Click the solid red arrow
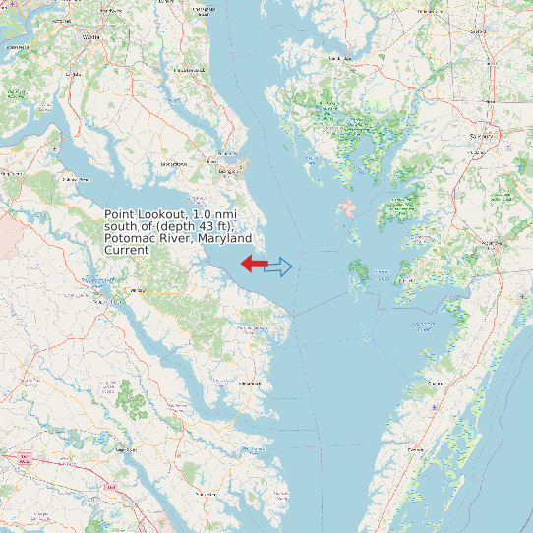(x=254, y=264)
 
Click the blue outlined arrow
(x=279, y=266)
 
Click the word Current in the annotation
(x=126, y=251)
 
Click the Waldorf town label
(x=91, y=36)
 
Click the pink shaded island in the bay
(x=346, y=208)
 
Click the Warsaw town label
(x=137, y=291)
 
